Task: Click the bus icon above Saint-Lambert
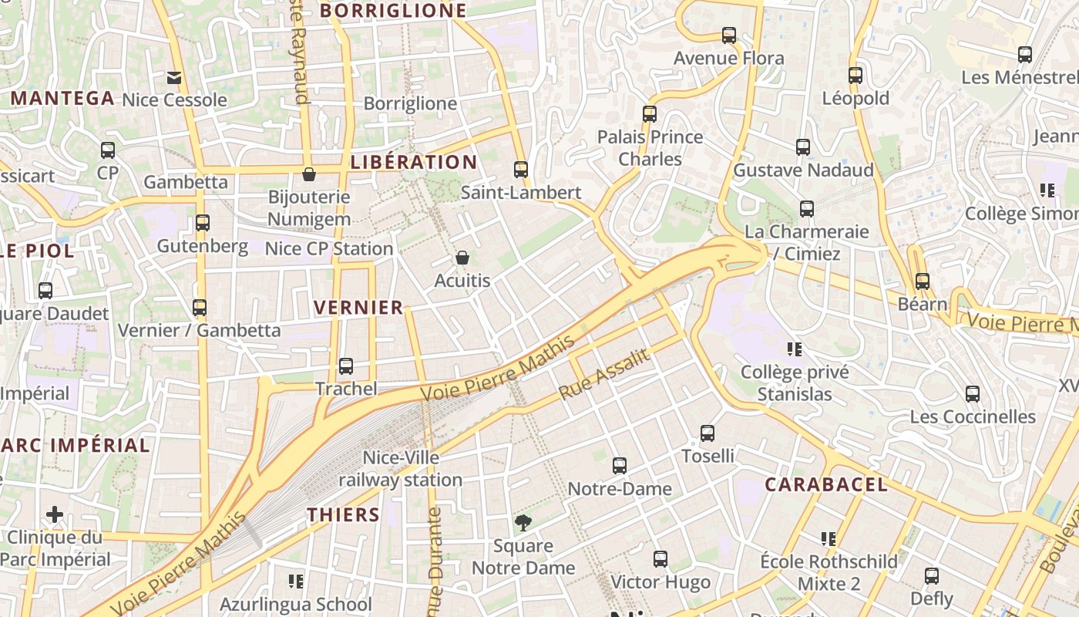521,170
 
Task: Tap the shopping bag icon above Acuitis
462,258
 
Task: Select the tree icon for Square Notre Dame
523,523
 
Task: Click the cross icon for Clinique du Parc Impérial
55,514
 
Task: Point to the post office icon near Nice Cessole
174,77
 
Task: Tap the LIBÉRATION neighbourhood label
414,162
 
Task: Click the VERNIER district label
358,308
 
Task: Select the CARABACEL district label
826,485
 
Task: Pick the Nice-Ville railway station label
401,469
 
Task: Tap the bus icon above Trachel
346,366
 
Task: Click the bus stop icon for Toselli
708,433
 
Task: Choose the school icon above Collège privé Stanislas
795,349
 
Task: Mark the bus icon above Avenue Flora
728,35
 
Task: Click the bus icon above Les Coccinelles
973,394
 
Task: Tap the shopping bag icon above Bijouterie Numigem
309,174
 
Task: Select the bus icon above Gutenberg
203,223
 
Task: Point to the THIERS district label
344,515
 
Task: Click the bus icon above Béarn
923,282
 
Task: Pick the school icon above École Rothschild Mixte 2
829,538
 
